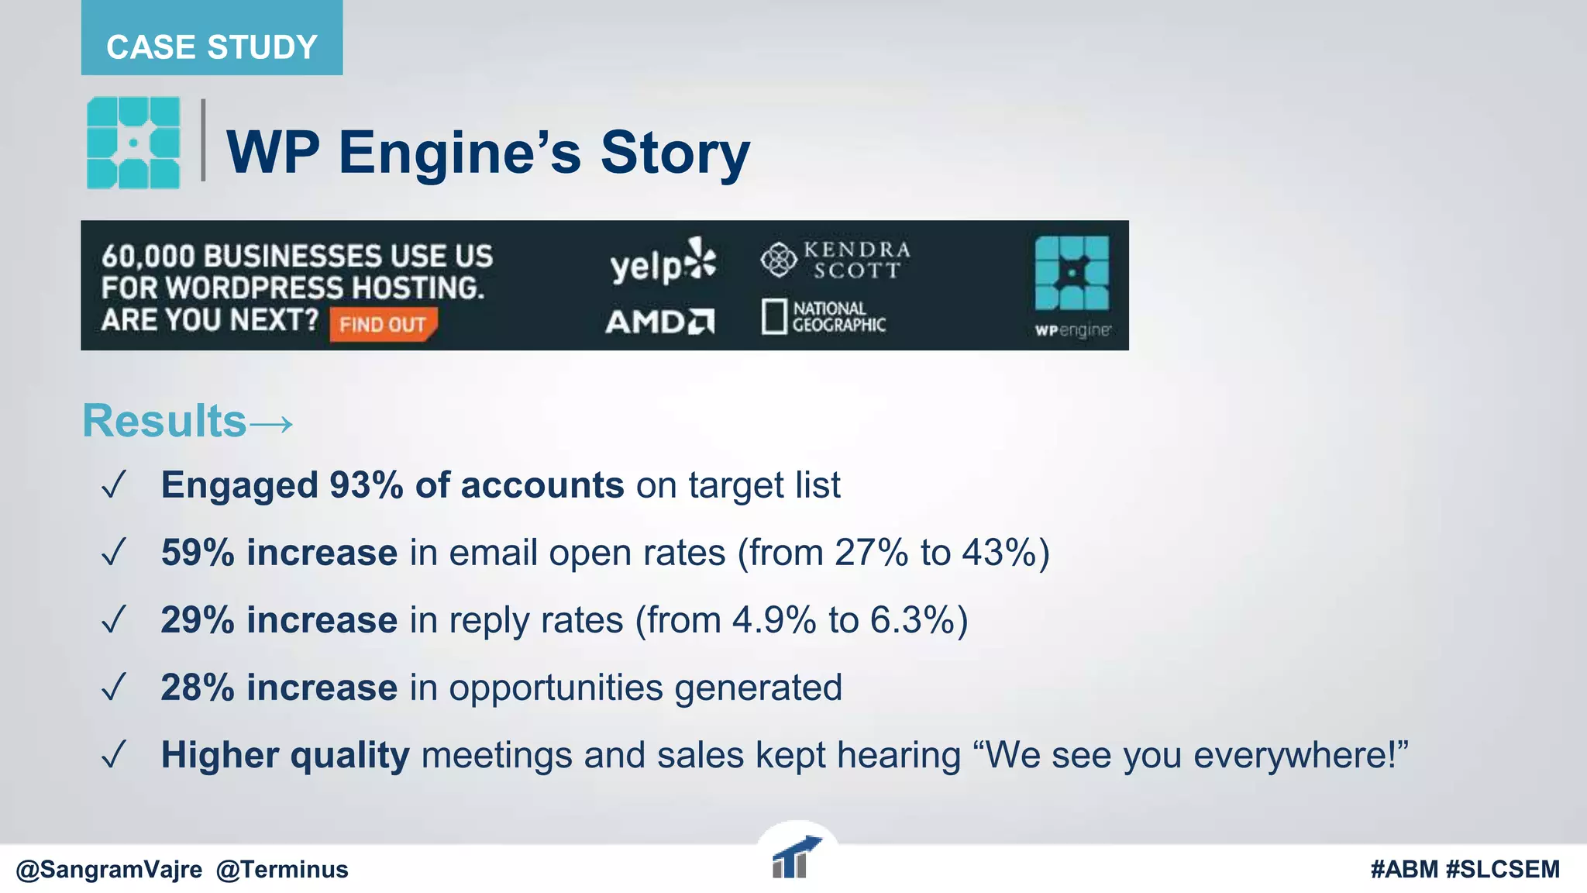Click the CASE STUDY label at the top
[212, 47]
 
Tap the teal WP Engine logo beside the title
[133, 143]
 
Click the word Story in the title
[674, 153]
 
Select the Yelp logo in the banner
[663, 262]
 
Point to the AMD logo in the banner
[659, 321]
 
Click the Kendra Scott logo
[835, 260]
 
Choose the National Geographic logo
[824, 316]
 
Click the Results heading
[164, 421]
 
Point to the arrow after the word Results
[271, 423]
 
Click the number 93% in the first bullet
[366, 485]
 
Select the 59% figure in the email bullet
[198, 553]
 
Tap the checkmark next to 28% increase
[114, 687]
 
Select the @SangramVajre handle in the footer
[109, 870]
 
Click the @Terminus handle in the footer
[282, 870]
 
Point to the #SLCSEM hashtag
[1503, 870]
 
